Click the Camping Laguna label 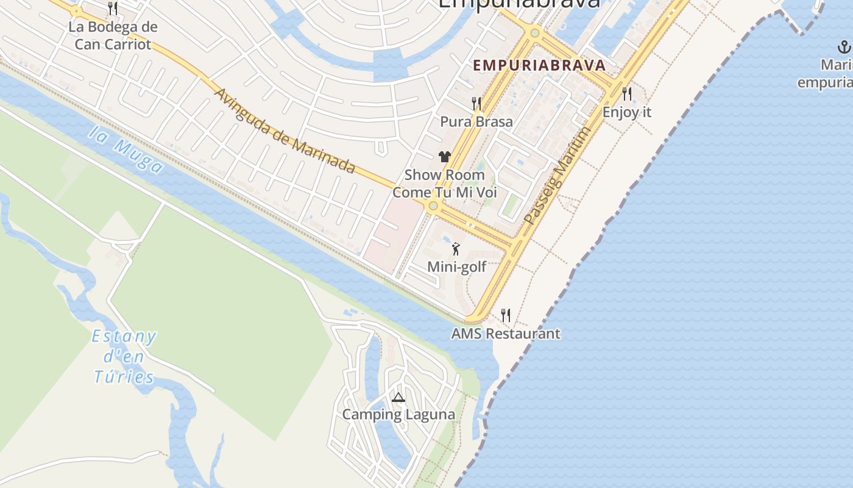click(x=398, y=415)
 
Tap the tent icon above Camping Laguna click(x=398, y=398)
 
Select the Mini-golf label click(x=457, y=267)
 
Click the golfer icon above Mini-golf click(x=456, y=249)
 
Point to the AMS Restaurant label click(x=506, y=334)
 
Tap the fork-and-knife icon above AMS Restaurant click(x=506, y=315)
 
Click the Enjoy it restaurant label click(x=627, y=112)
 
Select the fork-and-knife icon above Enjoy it click(x=627, y=94)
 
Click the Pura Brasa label click(x=476, y=121)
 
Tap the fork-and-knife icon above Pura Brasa click(x=476, y=104)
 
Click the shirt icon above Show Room click(x=444, y=157)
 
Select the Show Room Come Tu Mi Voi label click(x=445, y=184)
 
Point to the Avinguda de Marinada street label click(x=285, y=131)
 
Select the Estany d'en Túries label click(x=124, y=356)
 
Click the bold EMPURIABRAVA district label click(x=539, y=65)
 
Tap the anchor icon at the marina click(x=844, y=47)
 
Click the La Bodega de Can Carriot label click(x=113, y=35)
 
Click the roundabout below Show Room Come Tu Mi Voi click(x=433, y=206)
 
